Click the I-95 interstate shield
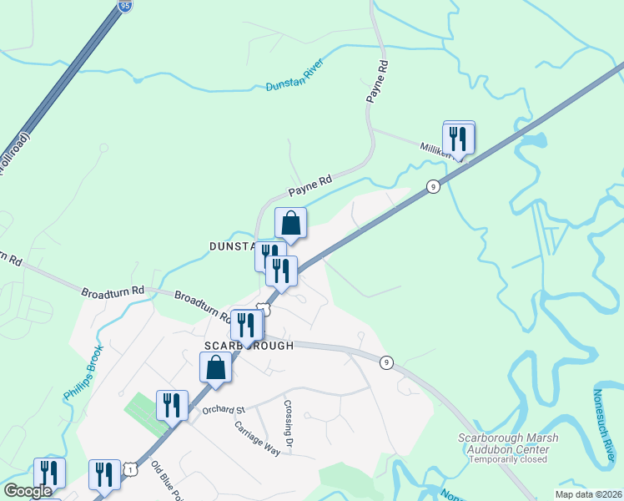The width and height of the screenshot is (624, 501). (x=124, y=6)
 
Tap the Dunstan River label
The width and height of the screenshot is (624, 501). (x=294, y=80)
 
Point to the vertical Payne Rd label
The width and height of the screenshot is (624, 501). (x=377, y=81)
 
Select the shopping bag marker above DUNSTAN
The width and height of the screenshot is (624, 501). (x=290, y=223)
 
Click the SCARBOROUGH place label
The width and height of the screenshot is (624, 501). (x=248, y=345)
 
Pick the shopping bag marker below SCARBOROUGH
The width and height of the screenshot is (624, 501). (x=215, y=367)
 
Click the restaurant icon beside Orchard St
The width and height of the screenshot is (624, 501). (x=172, y=406)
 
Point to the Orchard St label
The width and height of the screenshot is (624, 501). (x=222, y=410)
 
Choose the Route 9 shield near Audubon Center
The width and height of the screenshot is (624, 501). (x=385, y=362)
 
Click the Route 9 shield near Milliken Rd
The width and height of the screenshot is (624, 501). (x=432, y=187)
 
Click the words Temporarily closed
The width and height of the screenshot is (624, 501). (x=508, y=459)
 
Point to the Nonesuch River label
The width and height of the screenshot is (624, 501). (x=607, y=425)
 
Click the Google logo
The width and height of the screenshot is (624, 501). (x=28, y=491)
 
